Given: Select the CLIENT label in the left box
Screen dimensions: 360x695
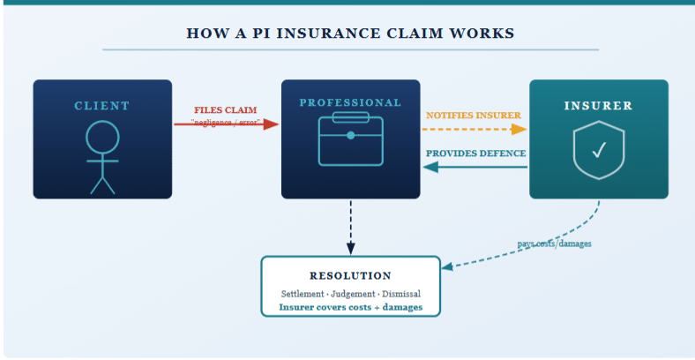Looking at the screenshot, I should pyautogui.click(x=101, y=106).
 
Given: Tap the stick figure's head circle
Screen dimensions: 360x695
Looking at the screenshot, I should pyautogui.click(x=102, y=137).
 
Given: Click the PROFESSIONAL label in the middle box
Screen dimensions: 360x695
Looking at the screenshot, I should pyautogui.click(x=350, y=103).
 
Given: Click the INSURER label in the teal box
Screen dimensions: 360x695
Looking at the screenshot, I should pyautogui.click(x=598, y=106).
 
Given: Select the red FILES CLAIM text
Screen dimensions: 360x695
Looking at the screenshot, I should pyautogui.click(x=226, y=110).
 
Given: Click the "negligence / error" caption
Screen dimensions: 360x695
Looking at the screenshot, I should pyautogui.click(x=226, y=123).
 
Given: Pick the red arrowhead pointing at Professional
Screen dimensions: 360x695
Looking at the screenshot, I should pyautogui.click(x=273, y=124).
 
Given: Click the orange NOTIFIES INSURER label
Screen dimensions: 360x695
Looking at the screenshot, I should pyautogui.click(x=474, y=116).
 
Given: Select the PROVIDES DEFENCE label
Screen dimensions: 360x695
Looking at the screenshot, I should pyautogui.click(x=475, y=154).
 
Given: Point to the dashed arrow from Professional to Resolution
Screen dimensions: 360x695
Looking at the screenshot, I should pyautogui.click(x=351, y=225).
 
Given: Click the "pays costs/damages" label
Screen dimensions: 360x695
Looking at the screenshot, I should pyautogui.click(x=554, y=243).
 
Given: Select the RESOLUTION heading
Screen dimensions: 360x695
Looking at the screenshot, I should pyautogui.click(x=350, y=276).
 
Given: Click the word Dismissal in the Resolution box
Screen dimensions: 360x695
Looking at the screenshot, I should pyautogui.click(x=400, y=293).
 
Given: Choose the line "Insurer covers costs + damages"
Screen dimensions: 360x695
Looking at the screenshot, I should pyautogui.click(x=350, y=307).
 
